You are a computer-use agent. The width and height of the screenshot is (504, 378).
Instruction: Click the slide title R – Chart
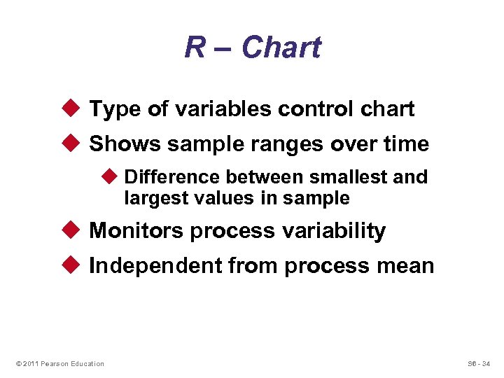tap(252, 48)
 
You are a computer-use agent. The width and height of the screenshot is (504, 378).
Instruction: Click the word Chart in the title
tap(281, 48)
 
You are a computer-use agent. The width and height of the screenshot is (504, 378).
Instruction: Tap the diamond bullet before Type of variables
tap(76, 108)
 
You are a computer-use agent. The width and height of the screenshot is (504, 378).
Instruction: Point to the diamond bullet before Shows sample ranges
tap(76, 143)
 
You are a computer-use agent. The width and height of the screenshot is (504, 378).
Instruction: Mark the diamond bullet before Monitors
tap(76, 230)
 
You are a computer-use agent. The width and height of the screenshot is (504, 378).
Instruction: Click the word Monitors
tap(137, 231)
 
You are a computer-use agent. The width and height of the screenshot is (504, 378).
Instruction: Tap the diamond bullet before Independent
tap(76, 265)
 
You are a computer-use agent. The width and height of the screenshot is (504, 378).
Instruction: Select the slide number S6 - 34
tap(479, 363)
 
